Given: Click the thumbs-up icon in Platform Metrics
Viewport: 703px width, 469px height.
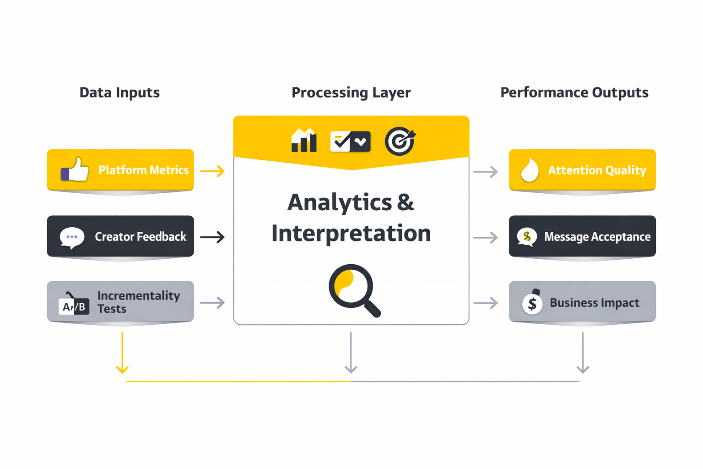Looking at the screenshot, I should [75, 170].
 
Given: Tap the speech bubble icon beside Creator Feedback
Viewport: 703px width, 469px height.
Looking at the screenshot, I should [72, 237].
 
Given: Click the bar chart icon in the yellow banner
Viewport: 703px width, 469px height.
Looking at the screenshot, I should [304, 141].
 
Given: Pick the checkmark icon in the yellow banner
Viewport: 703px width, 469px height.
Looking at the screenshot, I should [350, 142].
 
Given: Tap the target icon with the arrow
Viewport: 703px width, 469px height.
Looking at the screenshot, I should [400, 141].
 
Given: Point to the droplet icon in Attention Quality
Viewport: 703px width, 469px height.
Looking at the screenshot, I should [530, 170].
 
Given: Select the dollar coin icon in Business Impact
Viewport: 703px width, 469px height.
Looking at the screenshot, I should [532, 303].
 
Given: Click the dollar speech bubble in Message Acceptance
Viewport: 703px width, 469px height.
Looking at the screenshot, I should [527, 237].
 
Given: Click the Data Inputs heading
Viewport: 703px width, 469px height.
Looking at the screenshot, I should [119, 93].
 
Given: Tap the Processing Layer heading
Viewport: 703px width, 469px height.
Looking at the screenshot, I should [351, 93].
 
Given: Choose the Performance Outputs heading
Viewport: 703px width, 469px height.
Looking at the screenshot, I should [574, 93].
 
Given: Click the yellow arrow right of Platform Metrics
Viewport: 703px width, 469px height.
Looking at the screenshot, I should [212, 171].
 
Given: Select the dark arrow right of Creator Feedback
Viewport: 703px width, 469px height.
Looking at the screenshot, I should [212, 237].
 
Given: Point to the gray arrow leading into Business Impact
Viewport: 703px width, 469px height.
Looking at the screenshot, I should [486, 303].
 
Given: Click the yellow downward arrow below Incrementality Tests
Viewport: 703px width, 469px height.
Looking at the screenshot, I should [122, 353].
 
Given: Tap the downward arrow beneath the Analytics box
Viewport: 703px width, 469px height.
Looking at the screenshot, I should [351, 353].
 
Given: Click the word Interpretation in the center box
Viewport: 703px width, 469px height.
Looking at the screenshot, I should [351, 234].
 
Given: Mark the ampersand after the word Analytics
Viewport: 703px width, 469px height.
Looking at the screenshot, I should [406, 202].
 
